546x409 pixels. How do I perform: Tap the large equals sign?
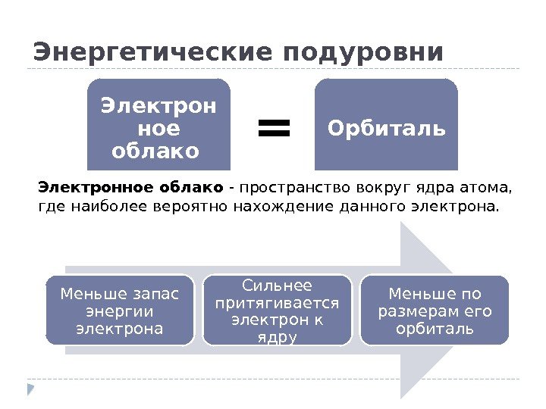click(274, 128)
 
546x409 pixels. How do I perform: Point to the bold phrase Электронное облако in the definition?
click(130, 187)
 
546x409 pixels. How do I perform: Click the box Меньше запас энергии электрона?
click(120, 311)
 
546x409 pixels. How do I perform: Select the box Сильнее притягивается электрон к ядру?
click(278, 311)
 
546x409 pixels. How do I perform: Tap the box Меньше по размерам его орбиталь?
click(435, 311)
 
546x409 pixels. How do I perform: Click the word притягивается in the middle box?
click(278, 302)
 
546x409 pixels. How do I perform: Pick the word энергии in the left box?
click(120, 311)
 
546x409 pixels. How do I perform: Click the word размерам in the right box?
click(415, 311)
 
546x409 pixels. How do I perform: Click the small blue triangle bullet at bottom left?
click(31, 389)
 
